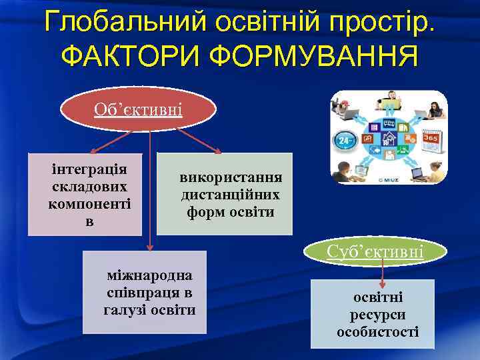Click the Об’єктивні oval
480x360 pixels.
(x=138, y=109)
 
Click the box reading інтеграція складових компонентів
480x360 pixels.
(x=85, y=194)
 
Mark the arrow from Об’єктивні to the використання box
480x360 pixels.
(x=199, y=141)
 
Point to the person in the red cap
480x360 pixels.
(x=347, y=103)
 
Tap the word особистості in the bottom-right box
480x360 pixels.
(x=377, y=331)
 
